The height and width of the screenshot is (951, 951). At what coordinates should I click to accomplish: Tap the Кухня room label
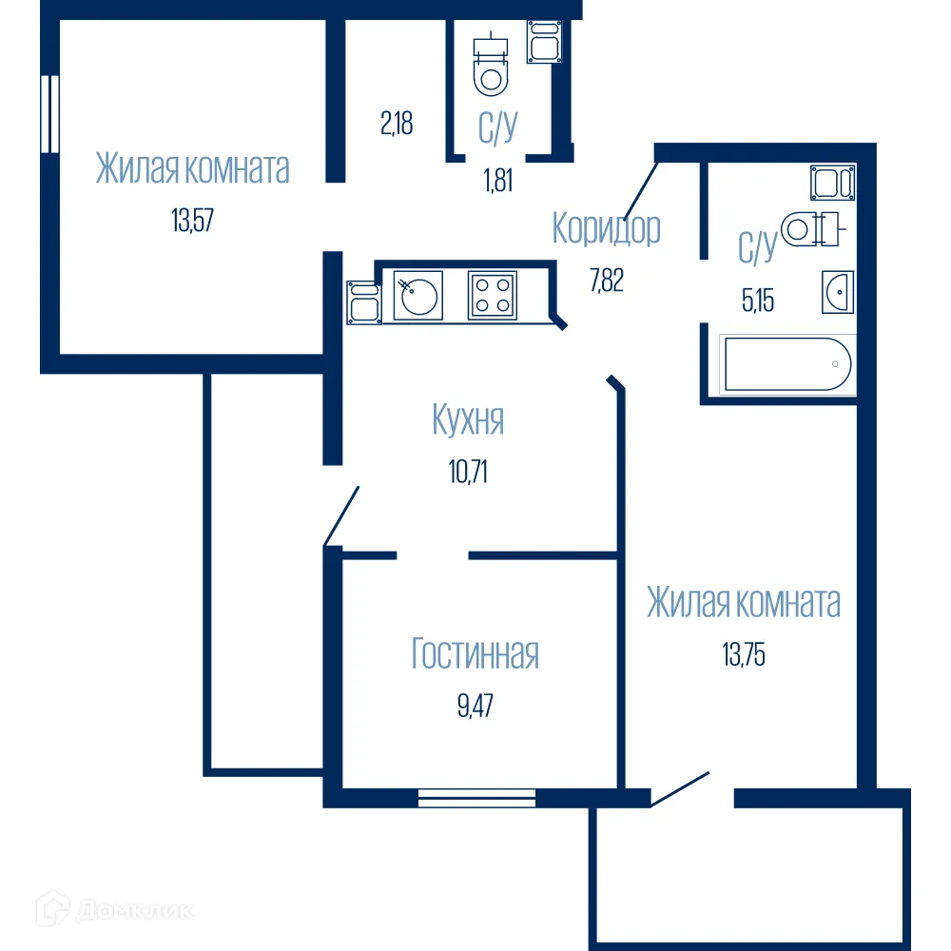(467, 419)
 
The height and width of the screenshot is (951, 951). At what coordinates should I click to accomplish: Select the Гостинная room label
(475, 654)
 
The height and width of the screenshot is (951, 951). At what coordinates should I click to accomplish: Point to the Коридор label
(606, 229)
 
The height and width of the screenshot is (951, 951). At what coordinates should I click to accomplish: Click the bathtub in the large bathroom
(787, 364)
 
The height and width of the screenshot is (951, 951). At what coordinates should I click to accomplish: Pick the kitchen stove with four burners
(492, 295)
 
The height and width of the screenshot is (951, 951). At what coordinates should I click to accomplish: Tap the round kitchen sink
(417, 295)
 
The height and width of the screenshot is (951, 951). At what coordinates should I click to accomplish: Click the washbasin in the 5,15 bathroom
(838, 291)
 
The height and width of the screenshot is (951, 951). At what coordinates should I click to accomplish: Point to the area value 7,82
(606, 281)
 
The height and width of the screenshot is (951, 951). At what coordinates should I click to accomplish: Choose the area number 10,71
(467, 471)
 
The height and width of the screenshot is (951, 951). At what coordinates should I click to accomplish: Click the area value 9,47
(475, 706)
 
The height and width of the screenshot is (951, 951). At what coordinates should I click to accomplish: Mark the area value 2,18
(397, 125)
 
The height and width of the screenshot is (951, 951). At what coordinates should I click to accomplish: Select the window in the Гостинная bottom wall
(476, 798)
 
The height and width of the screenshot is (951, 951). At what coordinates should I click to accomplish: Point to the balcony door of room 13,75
(681, 788)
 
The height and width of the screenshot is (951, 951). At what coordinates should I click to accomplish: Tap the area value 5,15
(757, 301)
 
